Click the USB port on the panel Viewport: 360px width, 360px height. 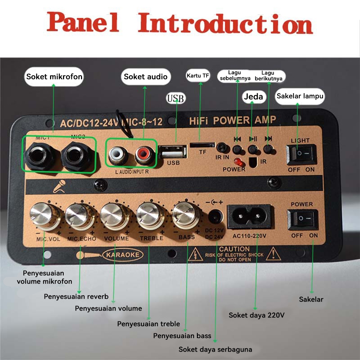[173, 151]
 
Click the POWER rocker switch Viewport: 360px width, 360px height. [302, 219]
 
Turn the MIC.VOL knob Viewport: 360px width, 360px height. [41, 215]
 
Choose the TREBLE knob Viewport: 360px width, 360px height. [149, 215]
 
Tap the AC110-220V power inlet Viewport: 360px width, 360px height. [249, 216]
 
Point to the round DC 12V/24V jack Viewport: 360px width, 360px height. [215, 217]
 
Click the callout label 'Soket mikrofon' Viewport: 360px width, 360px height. [54, 77]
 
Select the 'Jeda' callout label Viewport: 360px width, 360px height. [253, 96]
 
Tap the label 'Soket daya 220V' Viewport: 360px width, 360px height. [257, 315]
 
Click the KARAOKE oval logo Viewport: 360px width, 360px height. [122, 255]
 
